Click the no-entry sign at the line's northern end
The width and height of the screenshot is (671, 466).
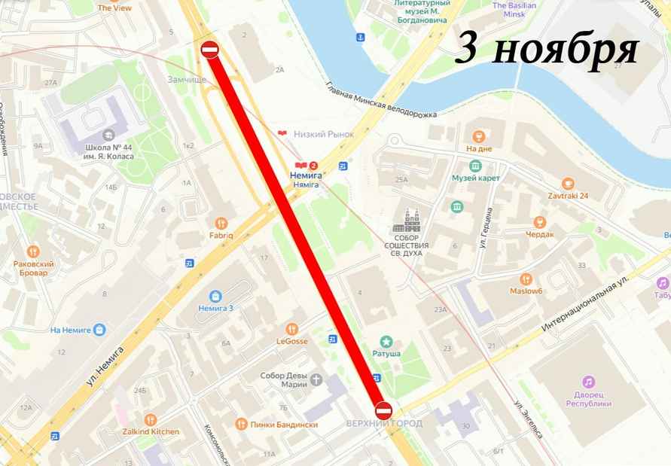[x=209, y=50]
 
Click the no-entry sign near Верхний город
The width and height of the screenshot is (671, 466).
[x=383, y=410]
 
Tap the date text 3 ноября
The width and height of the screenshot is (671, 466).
[x=547, y=49]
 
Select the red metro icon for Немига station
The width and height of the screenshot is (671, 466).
[x=301, y=165]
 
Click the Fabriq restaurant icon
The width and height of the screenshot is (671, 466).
[x=221, y=223]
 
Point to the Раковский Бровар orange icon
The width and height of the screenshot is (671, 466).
[x=32, y=251]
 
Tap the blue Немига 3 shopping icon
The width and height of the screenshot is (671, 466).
[x=215, y=295]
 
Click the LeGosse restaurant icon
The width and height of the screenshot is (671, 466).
[x=292, y=328]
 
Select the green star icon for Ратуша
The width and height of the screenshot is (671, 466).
[x=386, y=341]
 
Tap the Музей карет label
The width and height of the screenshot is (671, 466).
[x=471, y=178]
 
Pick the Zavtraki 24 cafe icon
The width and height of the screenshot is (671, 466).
[x=569, y=183]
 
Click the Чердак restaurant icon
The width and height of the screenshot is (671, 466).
[x=539, y=221]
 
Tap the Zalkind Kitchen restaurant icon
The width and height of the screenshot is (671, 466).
[x=151, y=419]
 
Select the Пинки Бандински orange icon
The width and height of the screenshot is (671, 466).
[x=241, y=424]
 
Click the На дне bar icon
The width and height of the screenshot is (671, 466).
[x=477, y=136]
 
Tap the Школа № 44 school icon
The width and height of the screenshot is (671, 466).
[x=110, y=133]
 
